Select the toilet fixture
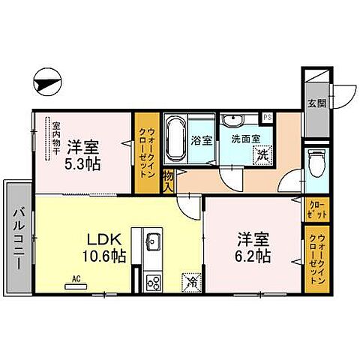point(315,160)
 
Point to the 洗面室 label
point(245,139)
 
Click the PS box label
point(266,116)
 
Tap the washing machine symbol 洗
point(262,155)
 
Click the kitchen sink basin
point(153,242)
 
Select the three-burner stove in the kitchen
point(154,282)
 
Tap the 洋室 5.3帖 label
point(82,154)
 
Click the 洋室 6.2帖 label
point(252,248)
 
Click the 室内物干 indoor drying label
point(55,139)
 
